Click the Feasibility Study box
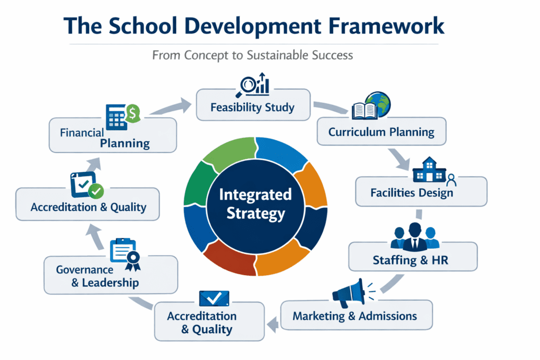(252, 108)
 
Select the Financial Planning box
(112, 137)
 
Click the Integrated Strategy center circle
(255, 205)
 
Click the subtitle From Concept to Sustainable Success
(252, 55)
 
